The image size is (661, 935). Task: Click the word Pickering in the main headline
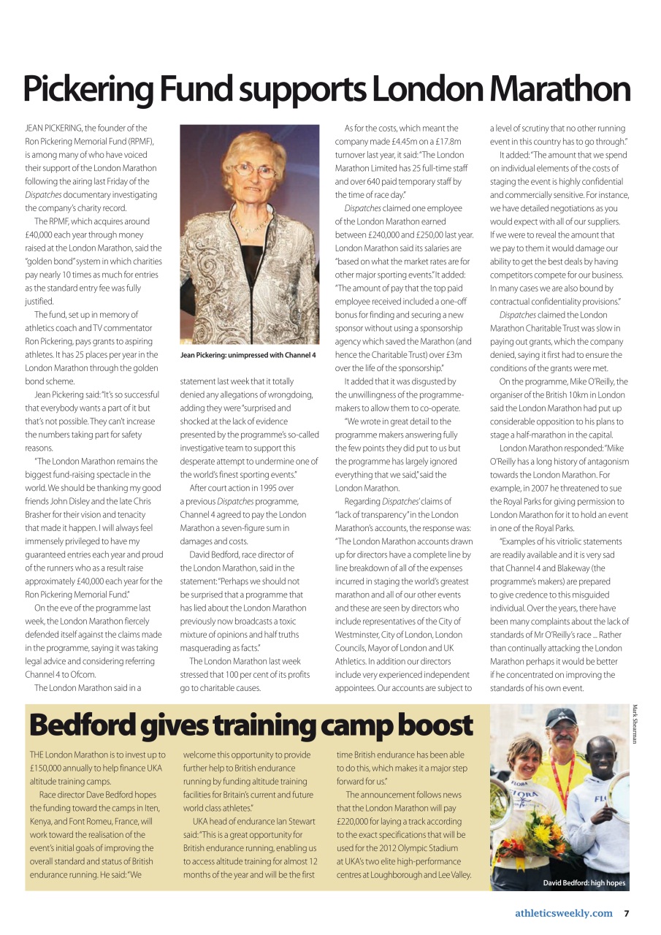coord(87,90)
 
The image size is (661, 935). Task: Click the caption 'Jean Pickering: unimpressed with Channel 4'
coord(248,355)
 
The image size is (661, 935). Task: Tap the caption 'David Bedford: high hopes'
coord(584,882)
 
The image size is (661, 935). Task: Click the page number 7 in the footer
coord(626,913)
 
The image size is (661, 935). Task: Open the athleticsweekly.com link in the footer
coord(563,913)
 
